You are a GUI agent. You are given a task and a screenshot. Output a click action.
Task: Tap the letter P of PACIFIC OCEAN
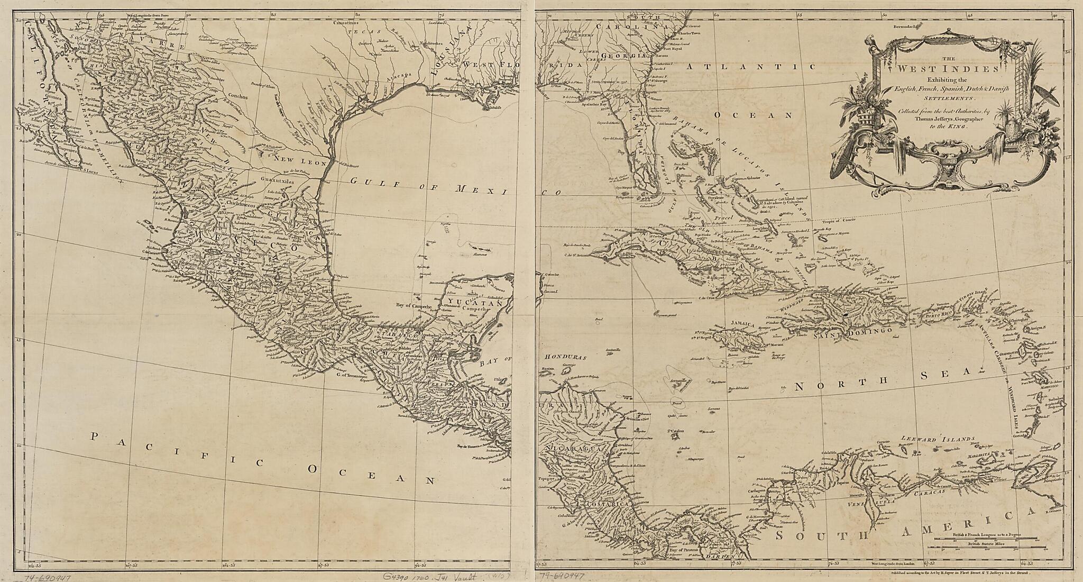(x=95, y=436)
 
